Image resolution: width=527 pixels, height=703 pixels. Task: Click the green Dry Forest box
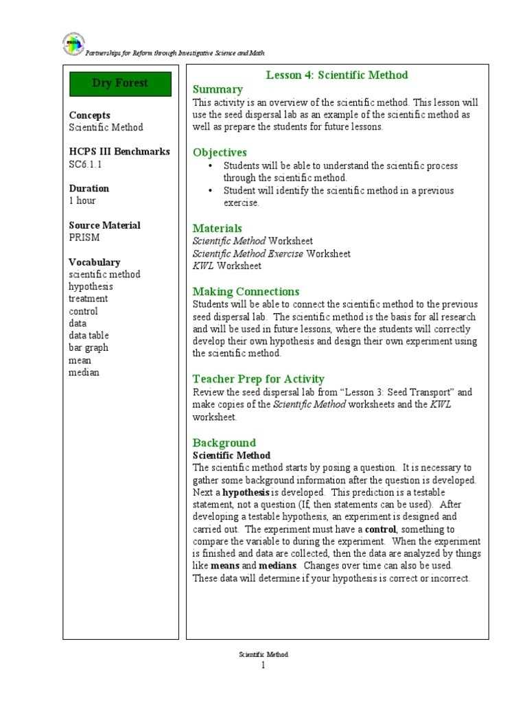(x=120, y=84)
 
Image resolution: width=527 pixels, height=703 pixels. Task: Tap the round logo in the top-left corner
(x=73, y=45)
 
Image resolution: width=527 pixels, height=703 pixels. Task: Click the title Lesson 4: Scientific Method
(x=336, y=76)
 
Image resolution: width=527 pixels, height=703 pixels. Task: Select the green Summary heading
(x=218, y=89)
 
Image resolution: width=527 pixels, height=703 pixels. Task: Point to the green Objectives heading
(x=220, y=152)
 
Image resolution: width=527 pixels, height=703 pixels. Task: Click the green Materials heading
(x=217, y=228)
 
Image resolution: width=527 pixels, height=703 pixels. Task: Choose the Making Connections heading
(x=246, y=291)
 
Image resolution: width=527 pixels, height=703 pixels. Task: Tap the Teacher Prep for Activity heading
(x=258, y=379)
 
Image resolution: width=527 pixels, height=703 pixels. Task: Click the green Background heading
(x=224, y=443)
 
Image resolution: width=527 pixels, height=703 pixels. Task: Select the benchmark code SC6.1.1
(x=87, y=164)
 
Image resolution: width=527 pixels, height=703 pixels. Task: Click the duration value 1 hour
(x=82, y=200)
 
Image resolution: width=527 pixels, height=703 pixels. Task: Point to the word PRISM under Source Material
(x=84, y=238)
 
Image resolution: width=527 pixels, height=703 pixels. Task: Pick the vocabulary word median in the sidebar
(x=84, y=373)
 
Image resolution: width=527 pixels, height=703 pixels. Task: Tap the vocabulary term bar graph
(x=89, y=348)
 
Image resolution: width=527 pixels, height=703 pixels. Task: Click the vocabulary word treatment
(x=88, y=299)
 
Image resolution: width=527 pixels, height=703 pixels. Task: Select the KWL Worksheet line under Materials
(x=226, y=266)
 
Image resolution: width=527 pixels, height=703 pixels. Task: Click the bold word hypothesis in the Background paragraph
(x=246, y=492)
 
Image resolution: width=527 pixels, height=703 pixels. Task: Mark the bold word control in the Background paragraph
(x=381, y=529)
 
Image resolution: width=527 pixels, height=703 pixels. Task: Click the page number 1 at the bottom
(x=263, y=666)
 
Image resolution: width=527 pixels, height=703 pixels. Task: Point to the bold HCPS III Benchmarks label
(x=119, y=152)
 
